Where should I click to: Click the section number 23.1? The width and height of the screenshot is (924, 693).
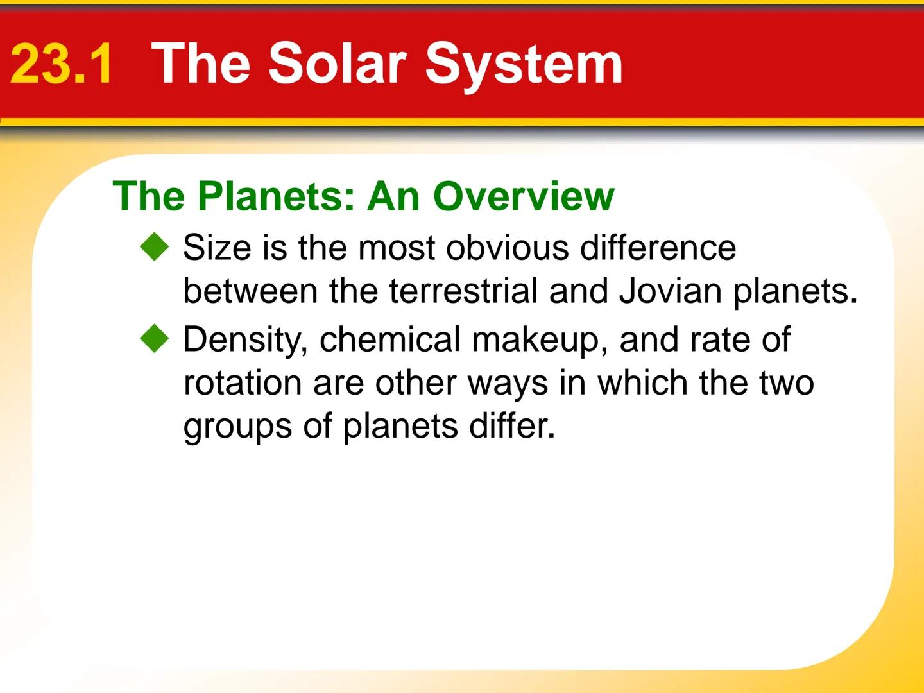pyautogui.click(x=62, y=64)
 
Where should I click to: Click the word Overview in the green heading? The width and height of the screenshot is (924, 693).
pyautogui.click(x=523, y=196)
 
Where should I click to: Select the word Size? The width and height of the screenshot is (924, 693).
pyautogui.click(x=216, y=248)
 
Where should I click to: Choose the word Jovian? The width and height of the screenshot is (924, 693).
pyautogui.click(x=671, y=291)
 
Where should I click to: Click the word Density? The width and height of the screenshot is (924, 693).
pyautogui.click(x=245, y=340)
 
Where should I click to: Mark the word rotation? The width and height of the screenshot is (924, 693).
pyautogui.click(x=243, y=383)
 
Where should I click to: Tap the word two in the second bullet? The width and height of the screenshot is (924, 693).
pyautogui.click(x=787, y=383)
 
